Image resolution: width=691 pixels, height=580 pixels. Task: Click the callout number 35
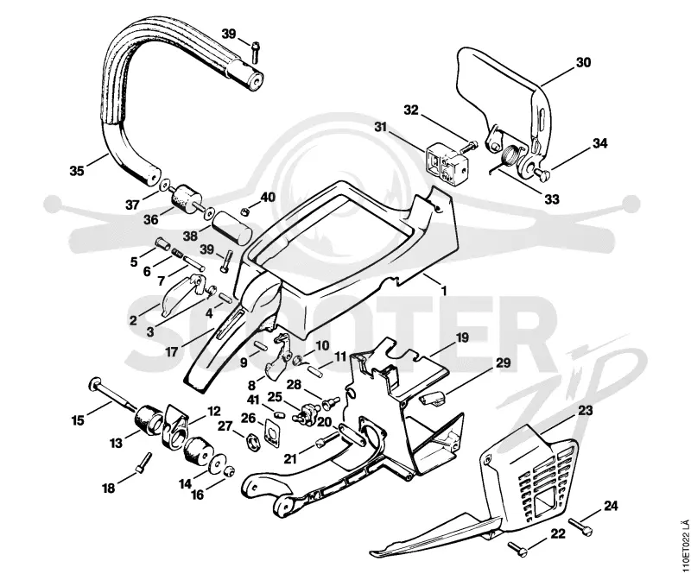77,170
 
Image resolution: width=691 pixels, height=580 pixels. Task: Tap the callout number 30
583,62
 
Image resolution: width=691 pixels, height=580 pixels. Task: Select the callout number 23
586,411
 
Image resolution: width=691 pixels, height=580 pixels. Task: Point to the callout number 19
462,338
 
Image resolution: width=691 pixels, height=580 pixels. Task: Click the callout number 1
444,291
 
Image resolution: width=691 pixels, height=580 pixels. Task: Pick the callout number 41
253,400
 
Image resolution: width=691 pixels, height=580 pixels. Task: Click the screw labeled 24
580,526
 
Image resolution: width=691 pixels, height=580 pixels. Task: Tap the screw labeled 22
517,548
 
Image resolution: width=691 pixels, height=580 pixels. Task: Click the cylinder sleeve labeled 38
231,227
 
